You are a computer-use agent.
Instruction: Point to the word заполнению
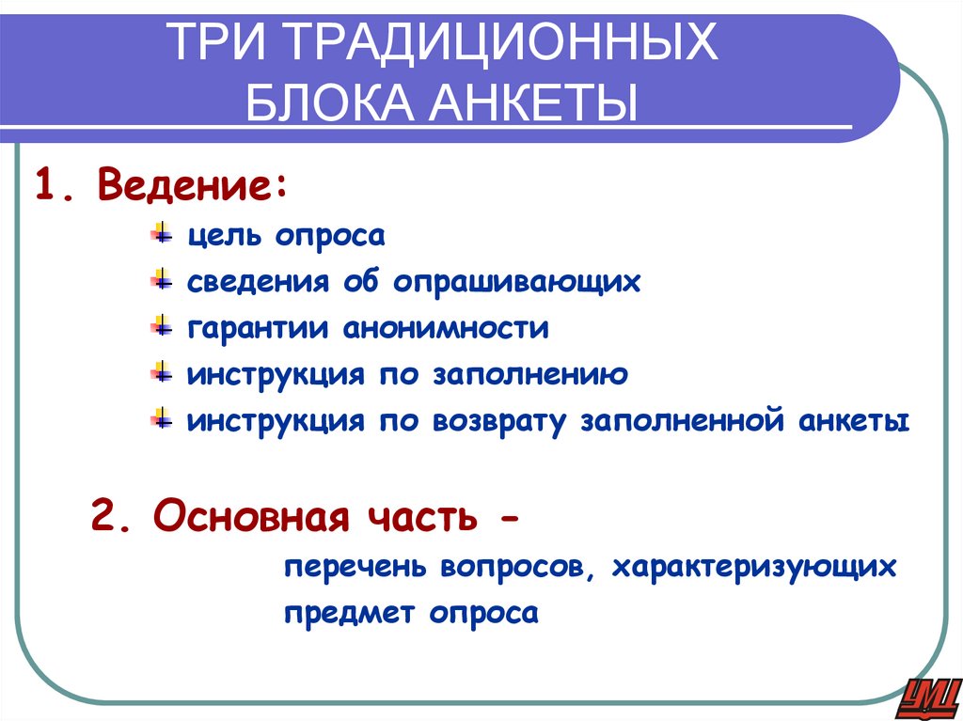click(530, 374)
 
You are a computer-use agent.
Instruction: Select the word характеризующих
click(752, 568)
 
